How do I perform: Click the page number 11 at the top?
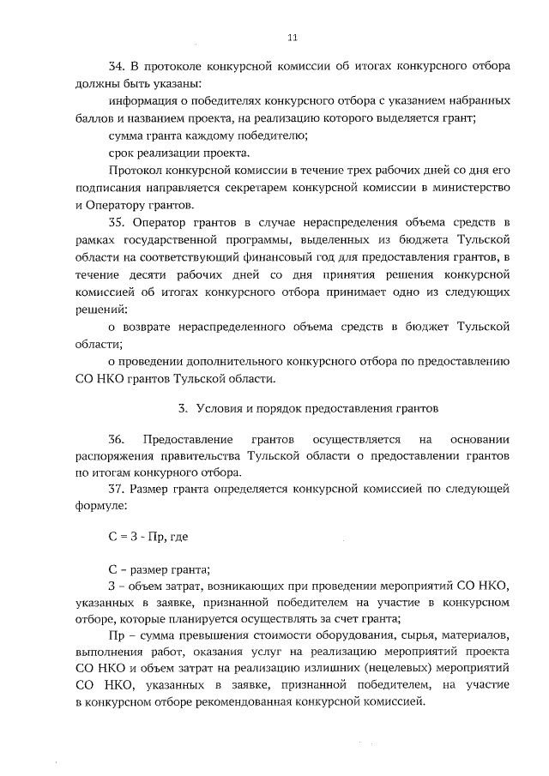[x=292, y=38]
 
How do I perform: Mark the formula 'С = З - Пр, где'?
[x=148, y=536]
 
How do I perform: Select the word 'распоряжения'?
[x=117, y=455]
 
